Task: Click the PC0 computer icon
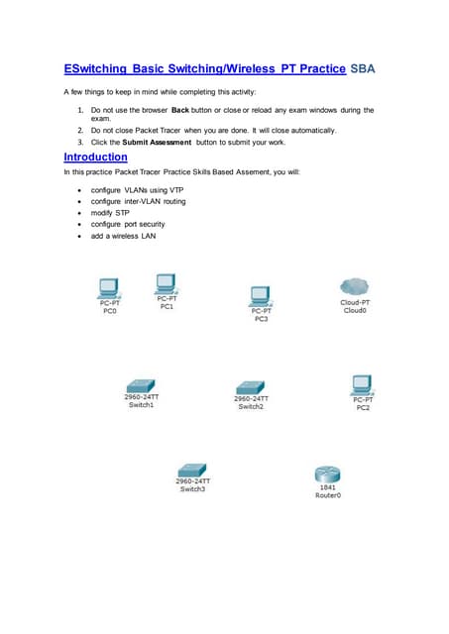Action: pyautogui.click(x=110, y=288)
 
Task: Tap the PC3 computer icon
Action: pyautogui.click(x=261, y=295)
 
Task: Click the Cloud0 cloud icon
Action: pyautogui.click(x=355, y=287)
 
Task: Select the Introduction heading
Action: pyautogui.click(x=95, y=157)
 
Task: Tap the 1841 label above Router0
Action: pyautogui.click(x=327, y=487)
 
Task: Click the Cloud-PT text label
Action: pyautogui.click(x=355, y=302)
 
